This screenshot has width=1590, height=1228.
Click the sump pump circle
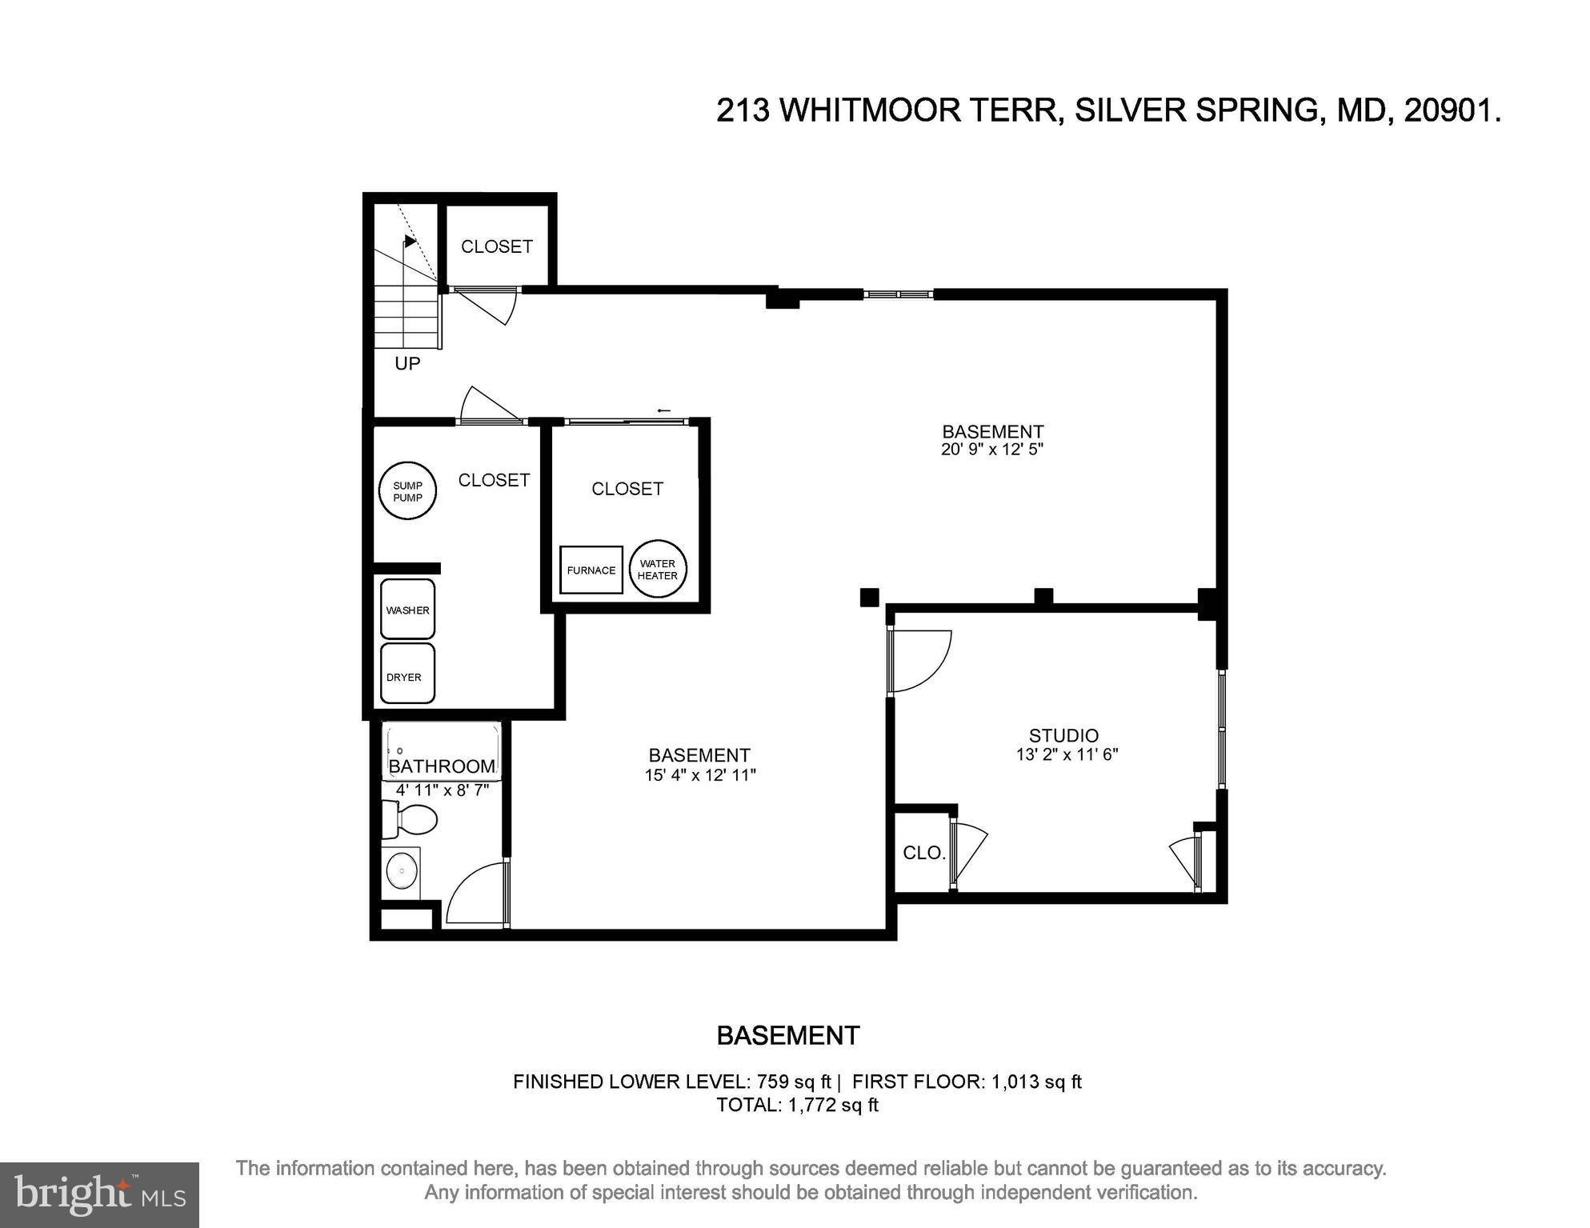tap(407, 491)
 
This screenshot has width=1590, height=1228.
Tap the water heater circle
tap(658, 570)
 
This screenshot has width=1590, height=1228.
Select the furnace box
tap(591, 570)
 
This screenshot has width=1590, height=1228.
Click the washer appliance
tap(407, 610)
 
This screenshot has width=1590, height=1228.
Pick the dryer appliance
tap(407, 674)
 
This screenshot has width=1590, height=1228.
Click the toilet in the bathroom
tap(410, 819)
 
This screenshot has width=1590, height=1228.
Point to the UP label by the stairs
tap(407, 364)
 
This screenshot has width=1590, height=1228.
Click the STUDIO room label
tap(1063, 735)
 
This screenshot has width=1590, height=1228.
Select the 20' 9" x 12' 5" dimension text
tap(992, 450)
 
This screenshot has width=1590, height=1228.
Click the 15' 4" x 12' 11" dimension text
tap(700, 775)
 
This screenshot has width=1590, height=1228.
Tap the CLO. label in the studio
tap(923, 854)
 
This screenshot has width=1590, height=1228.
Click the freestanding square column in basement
tap(869, 597)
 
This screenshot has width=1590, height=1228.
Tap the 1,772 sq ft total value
tap(833, 1105)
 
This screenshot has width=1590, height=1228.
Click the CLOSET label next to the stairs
tap(496, 246)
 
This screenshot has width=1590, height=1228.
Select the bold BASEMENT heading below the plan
tap(787, 1036)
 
